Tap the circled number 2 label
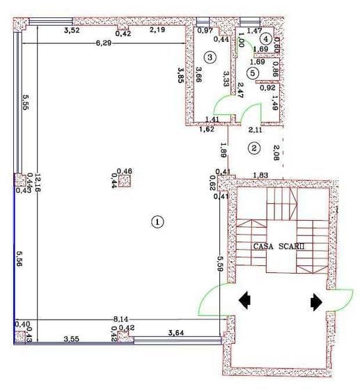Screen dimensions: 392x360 pos(255,148)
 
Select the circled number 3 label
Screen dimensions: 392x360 pos(209,56)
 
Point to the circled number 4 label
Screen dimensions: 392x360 pos(266,40)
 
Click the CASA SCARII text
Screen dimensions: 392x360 pos(279,246)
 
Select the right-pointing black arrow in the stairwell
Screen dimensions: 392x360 pos(315,301)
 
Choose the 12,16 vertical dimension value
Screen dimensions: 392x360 pos(30,185)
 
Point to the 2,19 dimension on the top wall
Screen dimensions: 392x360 pos(157,30)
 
